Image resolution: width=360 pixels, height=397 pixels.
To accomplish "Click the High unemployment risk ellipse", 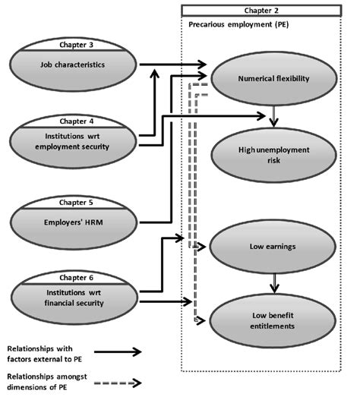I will [x=271, y=155].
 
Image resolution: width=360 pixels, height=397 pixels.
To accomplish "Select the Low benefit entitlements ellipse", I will [x=271, y=320].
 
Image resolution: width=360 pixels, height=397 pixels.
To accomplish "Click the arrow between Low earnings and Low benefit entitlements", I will [x=273, y=282].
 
